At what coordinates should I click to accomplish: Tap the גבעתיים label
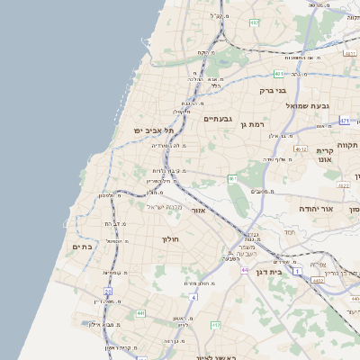click(x=219, y=119)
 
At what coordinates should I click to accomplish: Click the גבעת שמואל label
click(x=304, y=105)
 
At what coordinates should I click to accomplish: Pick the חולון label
click(x=171, y=238)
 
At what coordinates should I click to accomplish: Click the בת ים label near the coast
click(x=82, y=247)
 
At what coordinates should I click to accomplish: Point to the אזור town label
click(x=199, y=210)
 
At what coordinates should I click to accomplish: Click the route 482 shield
click(x=255, y=22)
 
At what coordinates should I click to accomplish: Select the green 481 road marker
click(x=279, y=74)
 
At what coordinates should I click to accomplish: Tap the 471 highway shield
click(x=345, y=120)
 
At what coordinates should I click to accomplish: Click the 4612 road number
click(x=301, y=149)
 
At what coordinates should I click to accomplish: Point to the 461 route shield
click(x=232, y=179)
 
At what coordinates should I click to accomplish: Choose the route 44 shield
click(x=244, y=269)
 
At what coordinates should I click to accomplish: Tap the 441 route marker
click(x=140, y=313)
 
